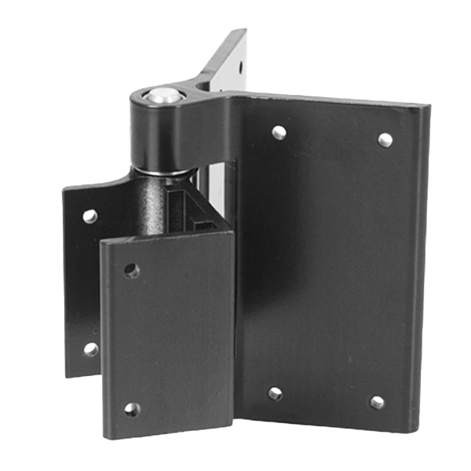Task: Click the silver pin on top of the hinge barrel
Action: point(163,97)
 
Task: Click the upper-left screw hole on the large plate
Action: point(279,133)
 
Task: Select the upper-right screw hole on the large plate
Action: point(385,140)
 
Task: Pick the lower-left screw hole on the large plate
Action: point(275,393)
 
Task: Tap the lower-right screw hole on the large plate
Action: point(378,402)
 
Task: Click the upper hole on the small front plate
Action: point(132,270)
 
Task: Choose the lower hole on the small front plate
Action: point(132,409)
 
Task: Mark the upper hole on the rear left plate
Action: point(90,216)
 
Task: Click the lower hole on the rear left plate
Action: point(91,349)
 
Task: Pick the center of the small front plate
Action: point(166,338)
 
